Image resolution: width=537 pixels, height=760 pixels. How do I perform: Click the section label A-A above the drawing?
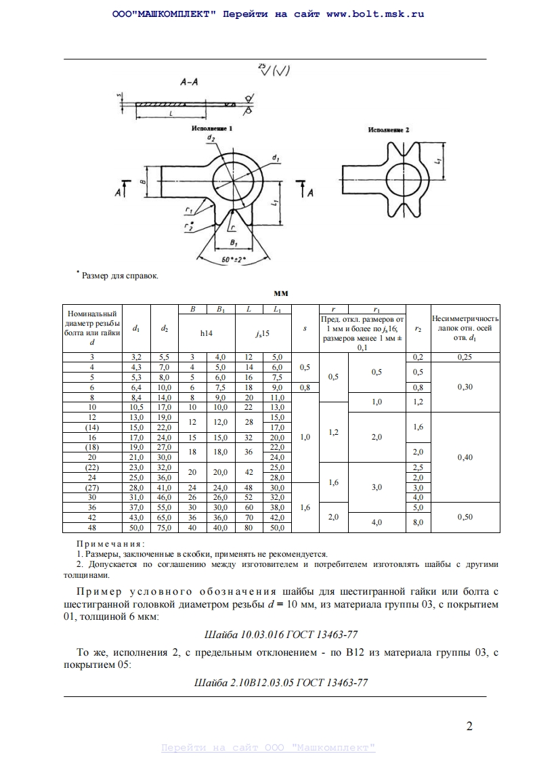[x=189, y=83]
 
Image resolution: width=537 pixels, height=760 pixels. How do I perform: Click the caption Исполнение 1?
[x=212, y=127]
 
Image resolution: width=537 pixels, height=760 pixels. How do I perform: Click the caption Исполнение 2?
[x=389, y=129]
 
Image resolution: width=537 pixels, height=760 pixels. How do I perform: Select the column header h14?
[x=206, y=333]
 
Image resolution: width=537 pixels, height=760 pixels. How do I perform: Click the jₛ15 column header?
[x=263, y=333]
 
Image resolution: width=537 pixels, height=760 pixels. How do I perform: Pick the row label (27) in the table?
[x=92, y=488]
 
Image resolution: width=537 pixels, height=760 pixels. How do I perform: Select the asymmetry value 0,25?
[x=465, y=357]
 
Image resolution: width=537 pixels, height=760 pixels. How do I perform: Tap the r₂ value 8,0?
[x=418, y=522]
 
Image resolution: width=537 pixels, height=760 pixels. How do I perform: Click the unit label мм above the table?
[x=281, y=294]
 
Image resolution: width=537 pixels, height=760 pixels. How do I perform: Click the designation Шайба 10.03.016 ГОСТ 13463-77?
[x=280, y=635]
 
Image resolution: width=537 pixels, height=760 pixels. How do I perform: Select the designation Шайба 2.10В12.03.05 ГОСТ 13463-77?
[x=280, y=682]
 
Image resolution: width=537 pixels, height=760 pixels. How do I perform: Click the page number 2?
[x=469, y=727]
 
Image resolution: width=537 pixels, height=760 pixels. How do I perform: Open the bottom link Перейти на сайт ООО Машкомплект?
[x=268, y=748]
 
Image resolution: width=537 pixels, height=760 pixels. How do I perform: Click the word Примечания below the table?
[x=110, y=543]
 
